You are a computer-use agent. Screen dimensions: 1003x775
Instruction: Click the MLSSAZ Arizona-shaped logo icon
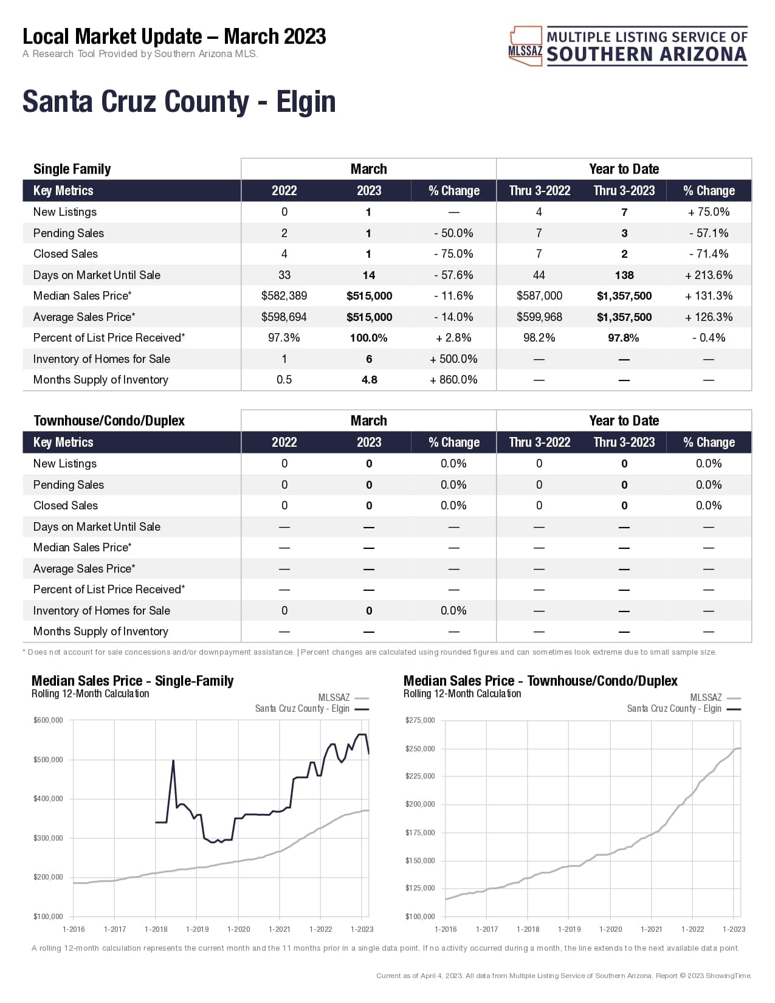click(x=525, y=46)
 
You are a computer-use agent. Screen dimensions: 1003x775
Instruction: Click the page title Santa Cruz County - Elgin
click(x=179, y=102)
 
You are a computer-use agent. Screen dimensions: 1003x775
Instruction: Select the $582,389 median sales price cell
click(x=284, y=296)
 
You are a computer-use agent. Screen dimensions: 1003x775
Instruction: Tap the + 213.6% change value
click(x=709, y=275)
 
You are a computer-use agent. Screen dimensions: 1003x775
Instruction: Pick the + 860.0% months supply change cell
click(x=453, y=380)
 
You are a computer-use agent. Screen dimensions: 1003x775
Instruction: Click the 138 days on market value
click(x=624, y=275)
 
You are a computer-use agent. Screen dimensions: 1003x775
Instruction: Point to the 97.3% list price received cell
click(x=284, y=338)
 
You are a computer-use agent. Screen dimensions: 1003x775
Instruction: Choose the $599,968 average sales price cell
click(x=539, y=317)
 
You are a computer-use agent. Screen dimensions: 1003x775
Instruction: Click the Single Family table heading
click(x=72, y=169)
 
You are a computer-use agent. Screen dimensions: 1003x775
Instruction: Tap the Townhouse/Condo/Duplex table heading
click(x=109, y=421)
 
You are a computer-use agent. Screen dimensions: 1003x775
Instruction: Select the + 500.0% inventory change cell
click(x=453, y=359)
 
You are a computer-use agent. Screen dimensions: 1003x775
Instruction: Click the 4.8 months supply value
click(x=369, y=380)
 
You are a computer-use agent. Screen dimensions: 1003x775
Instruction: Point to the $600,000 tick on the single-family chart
click(x=48, y=720)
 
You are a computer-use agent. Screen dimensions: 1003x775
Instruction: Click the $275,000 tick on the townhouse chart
click(x=420, y=720)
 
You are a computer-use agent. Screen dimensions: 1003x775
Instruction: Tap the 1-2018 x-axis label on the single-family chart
click(x=156, y=929)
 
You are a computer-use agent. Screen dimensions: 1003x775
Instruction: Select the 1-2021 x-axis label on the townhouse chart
click(x=651, y=929)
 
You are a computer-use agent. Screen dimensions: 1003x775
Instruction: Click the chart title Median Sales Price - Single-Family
click(x=133, y=681)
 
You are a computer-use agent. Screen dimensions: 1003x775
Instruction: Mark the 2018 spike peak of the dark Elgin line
click(x=173, y=760)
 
